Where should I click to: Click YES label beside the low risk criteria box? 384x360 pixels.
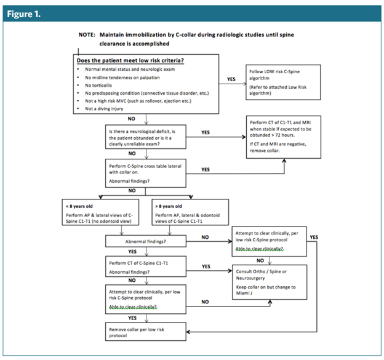coord(231,79)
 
